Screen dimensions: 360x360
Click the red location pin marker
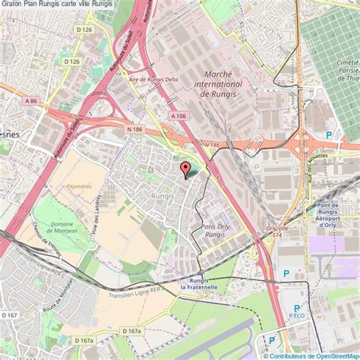tap(185, 169)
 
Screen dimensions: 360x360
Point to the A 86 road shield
tap(30, 100)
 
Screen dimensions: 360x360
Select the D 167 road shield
tap(10, 314)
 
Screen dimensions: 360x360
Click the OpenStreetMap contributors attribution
tap(311, 355)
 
